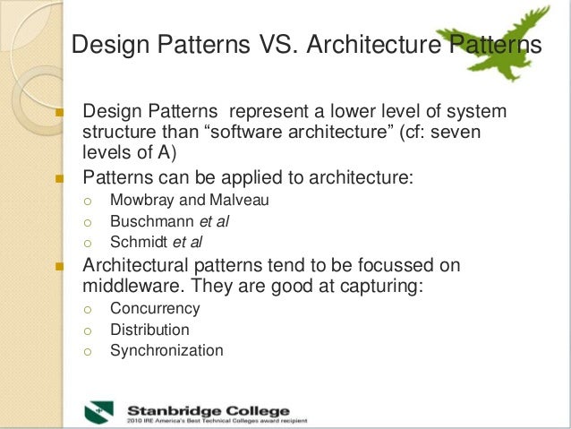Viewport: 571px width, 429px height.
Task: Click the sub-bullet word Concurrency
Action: tap(155, 308)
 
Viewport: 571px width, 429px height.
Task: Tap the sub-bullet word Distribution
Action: tap(149, 330)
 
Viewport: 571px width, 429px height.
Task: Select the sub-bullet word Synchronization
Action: tap(166, 350)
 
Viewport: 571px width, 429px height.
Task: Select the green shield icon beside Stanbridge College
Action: tap(99, 409)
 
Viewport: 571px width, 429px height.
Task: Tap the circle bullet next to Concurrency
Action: tap(88, 309)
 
